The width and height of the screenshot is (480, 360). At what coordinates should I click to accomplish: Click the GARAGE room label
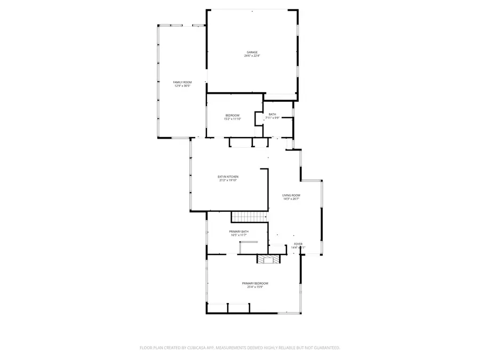pyautogui.click(x=252, y=52)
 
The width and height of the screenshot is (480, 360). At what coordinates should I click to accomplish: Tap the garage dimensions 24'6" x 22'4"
pyautogui.click(x=252, y=56)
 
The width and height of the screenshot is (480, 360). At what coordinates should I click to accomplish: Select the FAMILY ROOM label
pyautogui.click(x=182, y=82)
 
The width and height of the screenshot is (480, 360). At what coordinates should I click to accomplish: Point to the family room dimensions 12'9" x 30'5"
pyautogui.click(x=182, y=86)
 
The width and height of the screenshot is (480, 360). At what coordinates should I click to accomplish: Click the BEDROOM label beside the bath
pyautogui.click(x=232, y=115)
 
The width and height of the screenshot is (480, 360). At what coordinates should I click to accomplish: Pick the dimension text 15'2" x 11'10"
pyautogui.click(x=232, y=119)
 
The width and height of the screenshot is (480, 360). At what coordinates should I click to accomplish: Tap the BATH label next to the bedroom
pyautogui.click(x=273, y=114)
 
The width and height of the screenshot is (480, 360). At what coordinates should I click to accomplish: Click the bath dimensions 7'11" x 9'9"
pyautogui.click(x=273, y=118)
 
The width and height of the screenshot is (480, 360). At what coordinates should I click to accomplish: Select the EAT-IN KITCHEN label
pyautogui.click(x=228, y=177)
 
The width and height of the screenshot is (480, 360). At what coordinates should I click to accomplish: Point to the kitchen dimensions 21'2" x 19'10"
pyautogui.click(x=228, y=180)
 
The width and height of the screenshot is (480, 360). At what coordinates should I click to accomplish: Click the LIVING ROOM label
pyautogui.click(x=291, y=195)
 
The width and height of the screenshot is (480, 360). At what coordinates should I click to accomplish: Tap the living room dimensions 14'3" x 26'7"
pyautogui.click(x=291, y=199)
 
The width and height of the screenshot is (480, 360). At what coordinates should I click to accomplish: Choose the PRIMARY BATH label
pyautogui.click(x=239, y=231)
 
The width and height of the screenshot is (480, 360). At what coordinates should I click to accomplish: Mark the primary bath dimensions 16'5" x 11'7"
pyautogui.click(x=239, y=235)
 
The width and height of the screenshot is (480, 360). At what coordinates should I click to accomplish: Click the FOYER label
pyautogui.click(x=298, y=244)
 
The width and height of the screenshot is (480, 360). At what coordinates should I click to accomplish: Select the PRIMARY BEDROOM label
pyautogui.click(x=255, y=283)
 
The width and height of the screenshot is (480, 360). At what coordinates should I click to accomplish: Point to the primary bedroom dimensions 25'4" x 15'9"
pyautogui.click(x=255, y=287)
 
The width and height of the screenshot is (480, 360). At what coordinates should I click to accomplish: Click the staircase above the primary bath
pyautogui.click(x=249, y=217)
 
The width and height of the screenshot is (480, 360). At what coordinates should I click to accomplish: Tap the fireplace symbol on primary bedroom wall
pyautogui.click(x=268, y=259)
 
